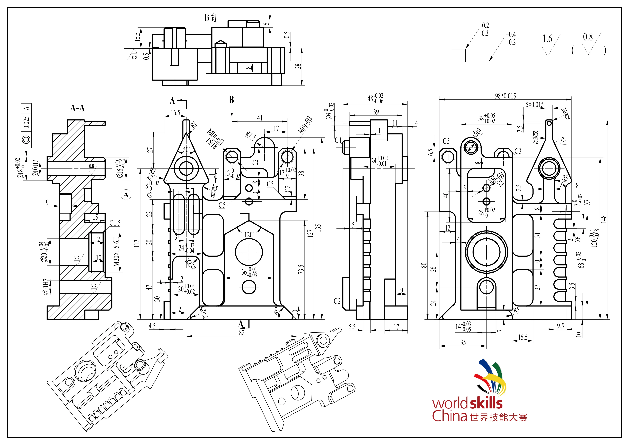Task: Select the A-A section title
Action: tap(77, 108)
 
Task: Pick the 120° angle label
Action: tap(249, 235)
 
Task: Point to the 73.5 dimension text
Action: tap(301, 269)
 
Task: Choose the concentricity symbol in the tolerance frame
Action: tap(26, 139)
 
